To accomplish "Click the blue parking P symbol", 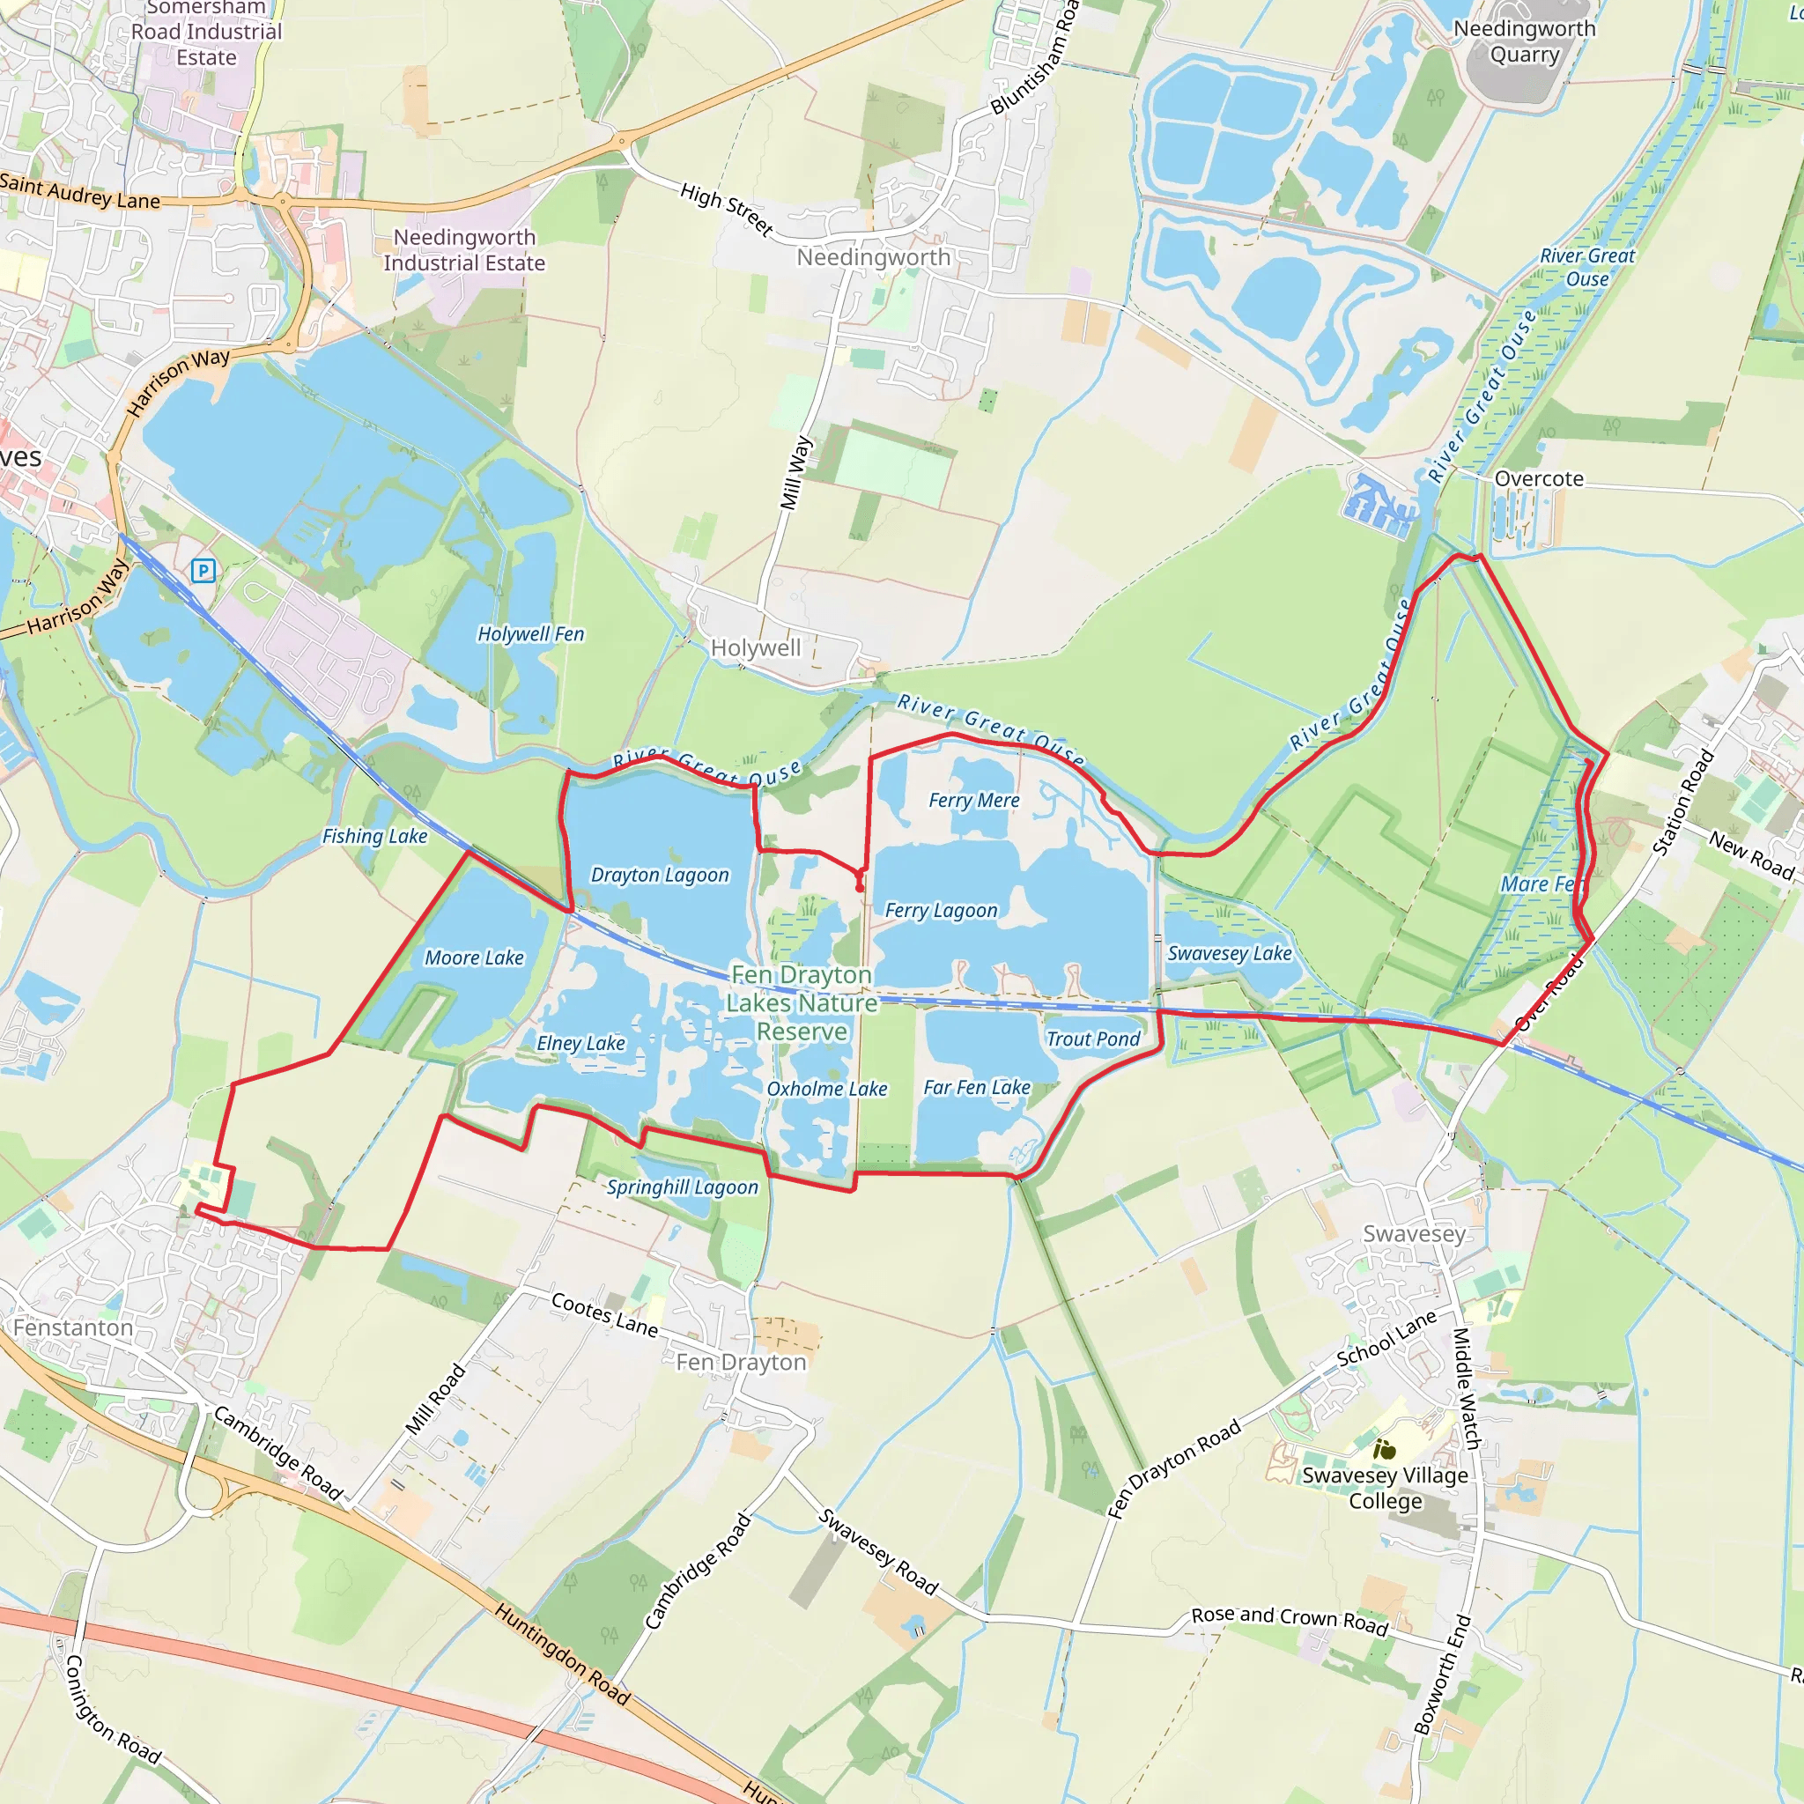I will [203, 571].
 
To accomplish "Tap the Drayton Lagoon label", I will [659, 875].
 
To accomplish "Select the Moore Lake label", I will [475, 958].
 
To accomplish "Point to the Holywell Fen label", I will [530, 634].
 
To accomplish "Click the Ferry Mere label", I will [974, 800].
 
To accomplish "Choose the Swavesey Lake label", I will [1230, 953].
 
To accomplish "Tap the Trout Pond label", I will [1092, 1039].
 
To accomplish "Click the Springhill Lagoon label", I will [683, 1187].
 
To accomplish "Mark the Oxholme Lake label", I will [826, 1089].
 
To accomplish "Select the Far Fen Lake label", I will [977, 1088].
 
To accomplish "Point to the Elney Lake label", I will [580, 1043].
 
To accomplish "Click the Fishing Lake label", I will [374, 837].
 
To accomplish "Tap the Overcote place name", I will [1539, 479].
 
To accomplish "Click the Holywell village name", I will [756, 648].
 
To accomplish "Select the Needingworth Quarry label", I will [1524, 42].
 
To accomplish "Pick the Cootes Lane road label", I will [604, 1313].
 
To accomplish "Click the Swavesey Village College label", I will [1385, 1489].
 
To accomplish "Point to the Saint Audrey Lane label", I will [79, 191].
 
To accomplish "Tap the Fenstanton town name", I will [73, 1327].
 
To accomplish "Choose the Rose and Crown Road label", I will [1290, 1620].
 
